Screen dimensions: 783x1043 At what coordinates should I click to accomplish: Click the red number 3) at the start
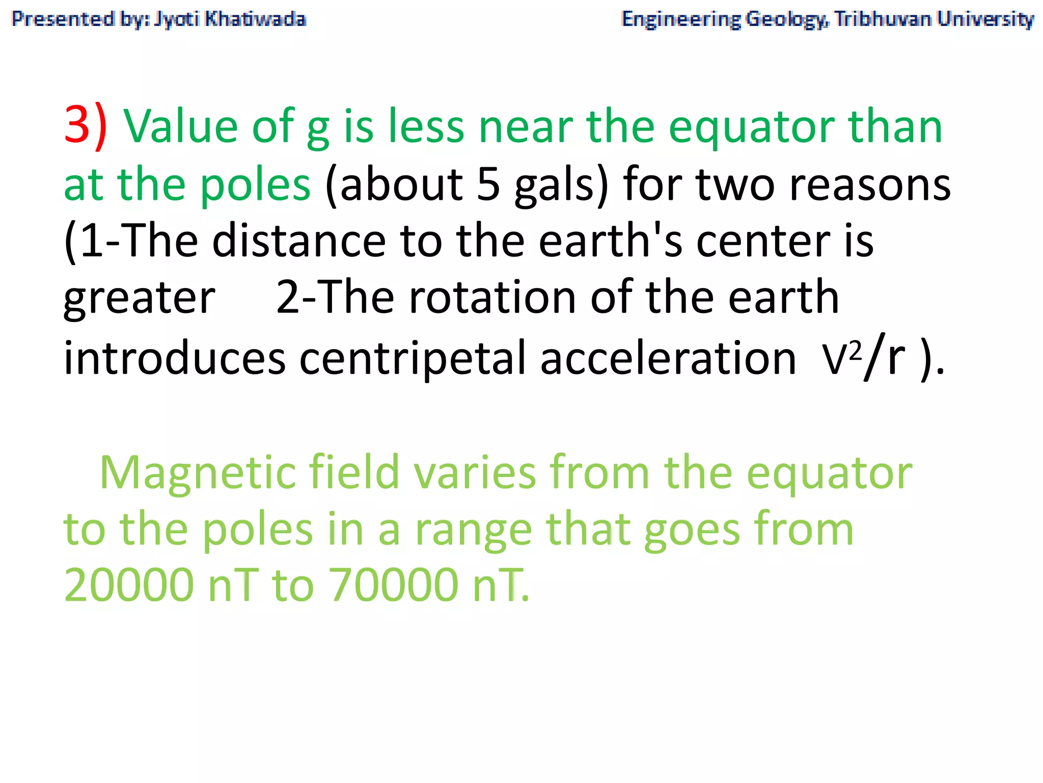(x=85, y=126)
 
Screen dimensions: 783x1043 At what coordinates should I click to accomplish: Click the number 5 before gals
(x=488, y=184)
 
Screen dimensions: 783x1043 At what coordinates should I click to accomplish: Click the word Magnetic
(x=198, y=473)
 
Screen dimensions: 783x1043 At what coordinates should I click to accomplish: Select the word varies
(x=475, y=473)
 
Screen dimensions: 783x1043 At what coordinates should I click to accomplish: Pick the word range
(x=473, y=530)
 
